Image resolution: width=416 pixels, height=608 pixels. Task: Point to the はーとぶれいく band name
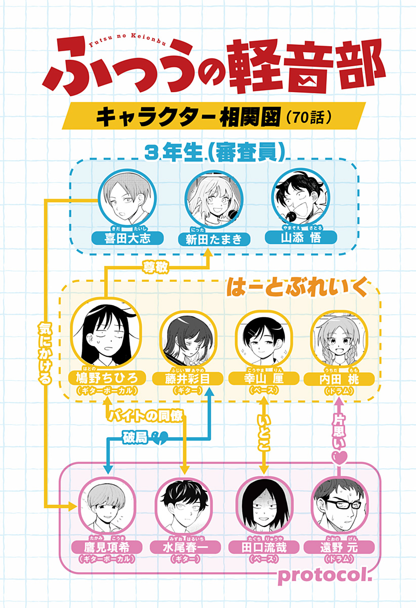coord(296,287)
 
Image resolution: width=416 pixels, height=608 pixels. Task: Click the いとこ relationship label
coord(264,433)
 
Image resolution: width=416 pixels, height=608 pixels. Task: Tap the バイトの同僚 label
coord(145,415)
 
